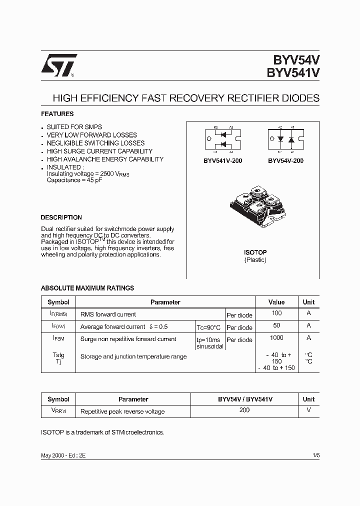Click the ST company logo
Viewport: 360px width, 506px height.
coord(58,65)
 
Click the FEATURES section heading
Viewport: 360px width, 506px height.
coord(57,114)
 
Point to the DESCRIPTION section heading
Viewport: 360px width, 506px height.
coord(61,217)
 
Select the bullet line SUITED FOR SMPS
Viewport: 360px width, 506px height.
coord(74,127)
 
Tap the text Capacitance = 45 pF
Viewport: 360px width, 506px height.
coord(74,179)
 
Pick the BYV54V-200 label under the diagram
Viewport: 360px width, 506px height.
coord(285,161)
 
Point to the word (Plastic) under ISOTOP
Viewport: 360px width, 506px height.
coord(255,260)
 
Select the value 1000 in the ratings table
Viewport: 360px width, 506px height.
coord(276,338)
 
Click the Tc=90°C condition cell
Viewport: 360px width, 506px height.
coord(208,327)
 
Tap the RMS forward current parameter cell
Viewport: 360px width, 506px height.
coord(108,314)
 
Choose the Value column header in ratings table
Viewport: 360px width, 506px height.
coord(276,302)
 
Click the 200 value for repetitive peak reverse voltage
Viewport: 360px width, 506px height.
coord(245,410)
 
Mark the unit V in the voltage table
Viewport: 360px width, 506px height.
coord(308,410)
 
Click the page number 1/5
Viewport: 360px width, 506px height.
coord(315,455)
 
